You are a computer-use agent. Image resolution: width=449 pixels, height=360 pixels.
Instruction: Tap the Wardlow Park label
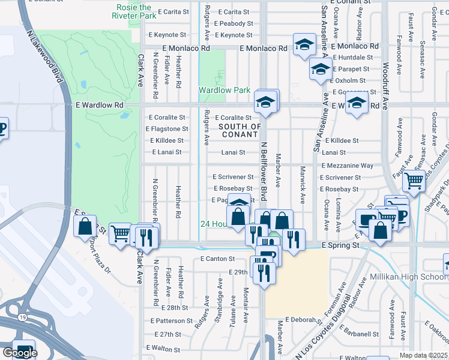224,91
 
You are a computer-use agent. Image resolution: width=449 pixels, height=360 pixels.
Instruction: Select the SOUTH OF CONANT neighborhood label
240,131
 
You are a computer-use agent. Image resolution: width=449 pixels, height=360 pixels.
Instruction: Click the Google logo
20,353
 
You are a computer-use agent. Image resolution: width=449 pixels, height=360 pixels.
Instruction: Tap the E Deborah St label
304,320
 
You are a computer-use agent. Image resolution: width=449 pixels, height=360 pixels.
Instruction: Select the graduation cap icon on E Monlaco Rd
304,44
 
